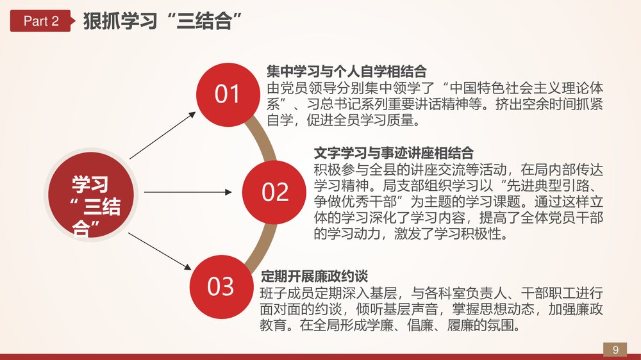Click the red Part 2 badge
click(x=40, y=21)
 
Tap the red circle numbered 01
click(x=227, y=94)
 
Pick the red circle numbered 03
click(x=221, y=286)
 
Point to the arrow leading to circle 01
click(x=163, y=135)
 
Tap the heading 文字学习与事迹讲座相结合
click(x=394, y=153)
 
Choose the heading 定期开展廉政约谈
click(x=314, y=277)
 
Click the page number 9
click(x=615, y=349)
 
